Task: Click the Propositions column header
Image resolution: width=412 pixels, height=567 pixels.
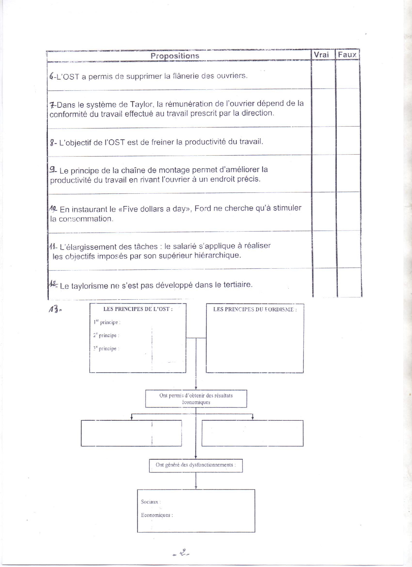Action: [x=175, y=56]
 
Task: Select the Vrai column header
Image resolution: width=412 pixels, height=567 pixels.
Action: [x=321, y=55]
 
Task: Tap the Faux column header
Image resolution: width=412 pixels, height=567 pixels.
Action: [x=347, y=55]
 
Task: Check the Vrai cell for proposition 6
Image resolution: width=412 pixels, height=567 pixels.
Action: [x=323, y=75]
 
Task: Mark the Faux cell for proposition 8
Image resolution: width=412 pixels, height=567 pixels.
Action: [x=348, y=141]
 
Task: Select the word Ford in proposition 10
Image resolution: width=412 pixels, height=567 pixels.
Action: [x=203, y=209]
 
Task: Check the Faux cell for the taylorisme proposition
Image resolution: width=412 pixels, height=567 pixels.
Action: [x=349, y=283]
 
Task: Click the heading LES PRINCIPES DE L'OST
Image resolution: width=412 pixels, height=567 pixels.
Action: [x=138, y=309]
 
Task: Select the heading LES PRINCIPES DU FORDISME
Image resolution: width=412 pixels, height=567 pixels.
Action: [x=255, y=309]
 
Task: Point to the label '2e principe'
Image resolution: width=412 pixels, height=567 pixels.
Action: [x=106, y=335]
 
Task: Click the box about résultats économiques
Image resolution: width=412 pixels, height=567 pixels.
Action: [x=196, y=399]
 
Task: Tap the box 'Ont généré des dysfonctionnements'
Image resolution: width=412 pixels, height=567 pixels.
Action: [x=196, y=465]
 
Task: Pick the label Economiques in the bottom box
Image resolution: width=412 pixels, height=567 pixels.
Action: [x=156, y=515]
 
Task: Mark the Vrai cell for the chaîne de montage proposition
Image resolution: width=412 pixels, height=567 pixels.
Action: [x=323, y=174]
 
